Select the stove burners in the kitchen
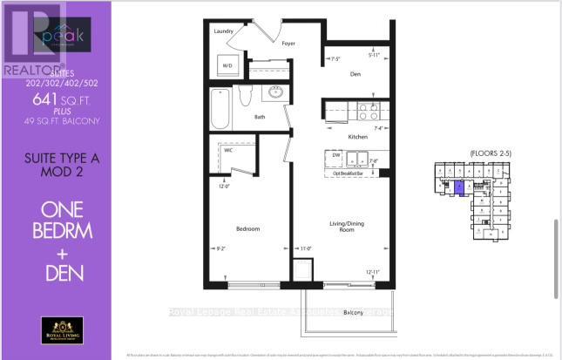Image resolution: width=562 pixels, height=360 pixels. pos(367,111)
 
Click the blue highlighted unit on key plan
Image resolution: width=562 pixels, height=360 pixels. pos(459,185)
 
